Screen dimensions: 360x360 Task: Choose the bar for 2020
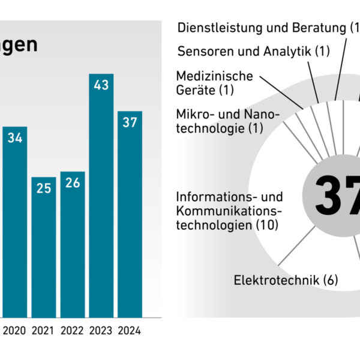(15, 222)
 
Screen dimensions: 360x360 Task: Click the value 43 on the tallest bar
(101, 85)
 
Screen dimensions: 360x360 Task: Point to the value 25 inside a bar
(43, 188)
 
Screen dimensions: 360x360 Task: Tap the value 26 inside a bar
(72, 183)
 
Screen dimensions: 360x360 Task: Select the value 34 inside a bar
(15, 138)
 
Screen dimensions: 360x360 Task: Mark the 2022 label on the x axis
(72, 331)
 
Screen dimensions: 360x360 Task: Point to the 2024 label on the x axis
(130, 331)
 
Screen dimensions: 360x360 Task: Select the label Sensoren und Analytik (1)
(253, 51)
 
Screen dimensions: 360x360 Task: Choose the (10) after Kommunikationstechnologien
(269, 224)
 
